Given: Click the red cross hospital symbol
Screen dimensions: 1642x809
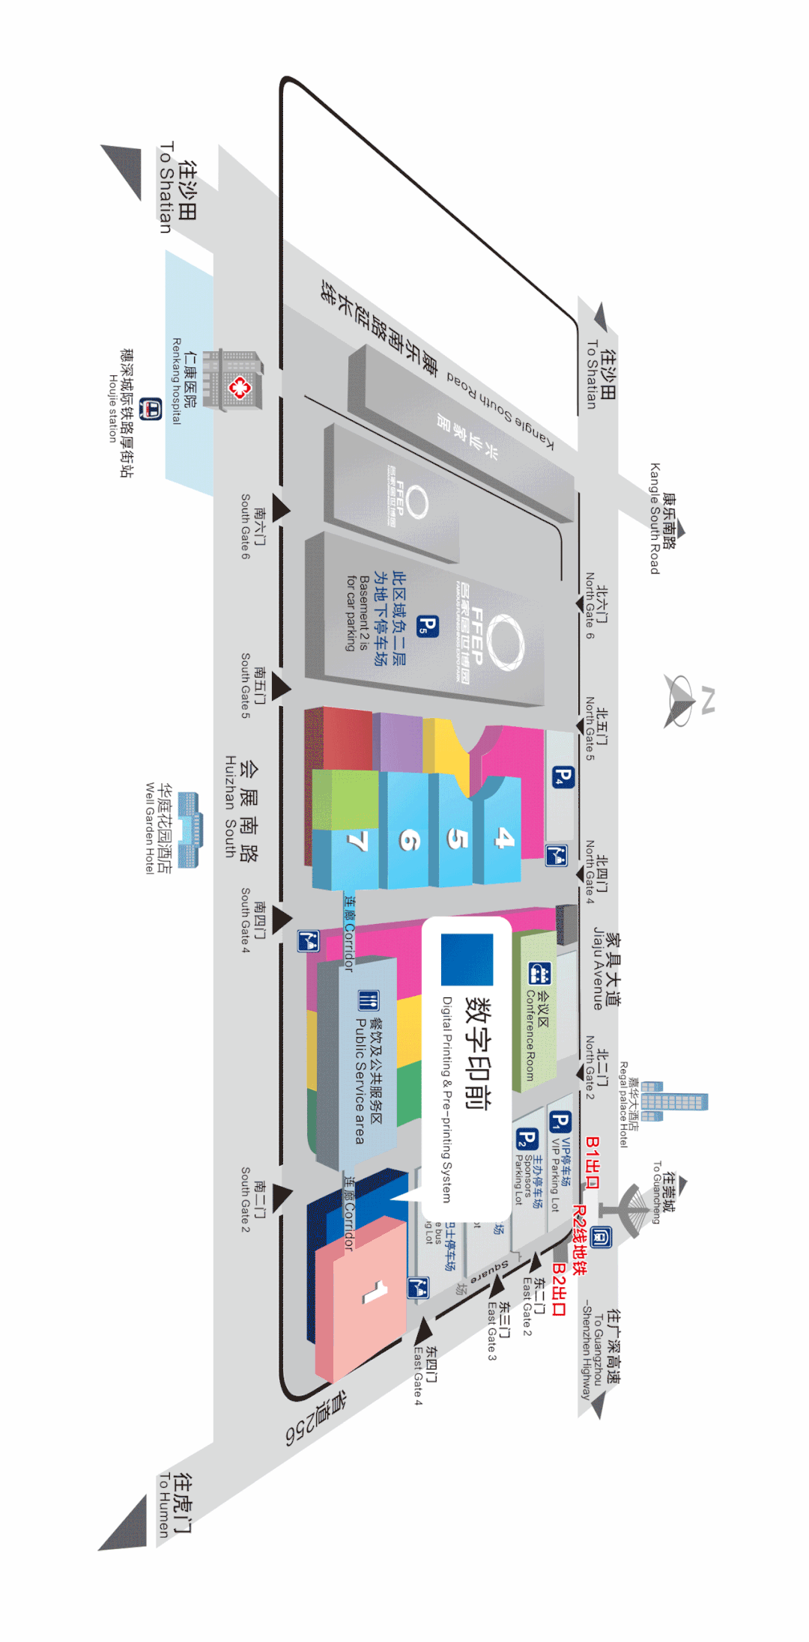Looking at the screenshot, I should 239,387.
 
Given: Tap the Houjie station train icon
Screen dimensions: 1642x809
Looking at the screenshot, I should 151,409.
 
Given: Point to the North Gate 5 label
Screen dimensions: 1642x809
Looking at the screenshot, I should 596,735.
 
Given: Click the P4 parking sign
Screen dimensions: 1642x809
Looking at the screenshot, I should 563,777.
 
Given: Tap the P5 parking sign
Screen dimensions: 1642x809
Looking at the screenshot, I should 427,625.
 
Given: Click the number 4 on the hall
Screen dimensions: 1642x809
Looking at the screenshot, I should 505,838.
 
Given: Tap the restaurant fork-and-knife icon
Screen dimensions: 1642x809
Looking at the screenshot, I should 368,1000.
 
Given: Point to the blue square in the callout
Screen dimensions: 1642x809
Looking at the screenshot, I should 467,959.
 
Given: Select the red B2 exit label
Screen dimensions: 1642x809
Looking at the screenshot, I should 559,1289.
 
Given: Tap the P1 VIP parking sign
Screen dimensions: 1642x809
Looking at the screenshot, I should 560,1122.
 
